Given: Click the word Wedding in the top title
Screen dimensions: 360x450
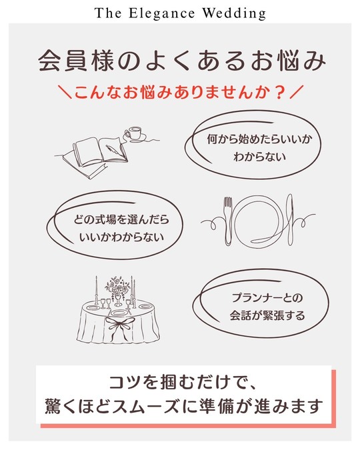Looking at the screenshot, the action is pyautogui.click(x=234, y=13).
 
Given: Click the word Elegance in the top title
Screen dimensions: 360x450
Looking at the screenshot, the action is pyautogui.click(x=161, y=13).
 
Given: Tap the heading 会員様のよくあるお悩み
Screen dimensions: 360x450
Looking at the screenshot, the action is pyautogui.click(x=182, y=61).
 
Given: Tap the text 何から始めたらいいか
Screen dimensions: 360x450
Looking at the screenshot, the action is pyautogui.click(x=259, y=139).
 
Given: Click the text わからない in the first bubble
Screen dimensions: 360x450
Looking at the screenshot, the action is pyautogui.click(x=259, y=157).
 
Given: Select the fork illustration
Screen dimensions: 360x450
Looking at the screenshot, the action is pyautogui.click(x=227, y=221).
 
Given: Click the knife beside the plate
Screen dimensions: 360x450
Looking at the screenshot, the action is pyautogui.click(x=290, y=219).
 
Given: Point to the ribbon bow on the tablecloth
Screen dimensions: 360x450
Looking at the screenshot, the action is pyautogui.click(x=117, y=326).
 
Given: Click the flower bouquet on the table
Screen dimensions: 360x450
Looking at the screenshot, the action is pyautogui.click(x=117, y=287).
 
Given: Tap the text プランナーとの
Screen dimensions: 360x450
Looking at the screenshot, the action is pyautogui.click(x=267, y=297).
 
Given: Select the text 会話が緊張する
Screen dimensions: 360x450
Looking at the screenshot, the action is pyautogui.click(x=267, y=315).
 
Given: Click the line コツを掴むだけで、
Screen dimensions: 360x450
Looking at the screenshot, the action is pyautogui.click(x=182, y=383).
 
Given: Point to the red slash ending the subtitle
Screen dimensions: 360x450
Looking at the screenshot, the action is pyautogui.click(x=297, y=93).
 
